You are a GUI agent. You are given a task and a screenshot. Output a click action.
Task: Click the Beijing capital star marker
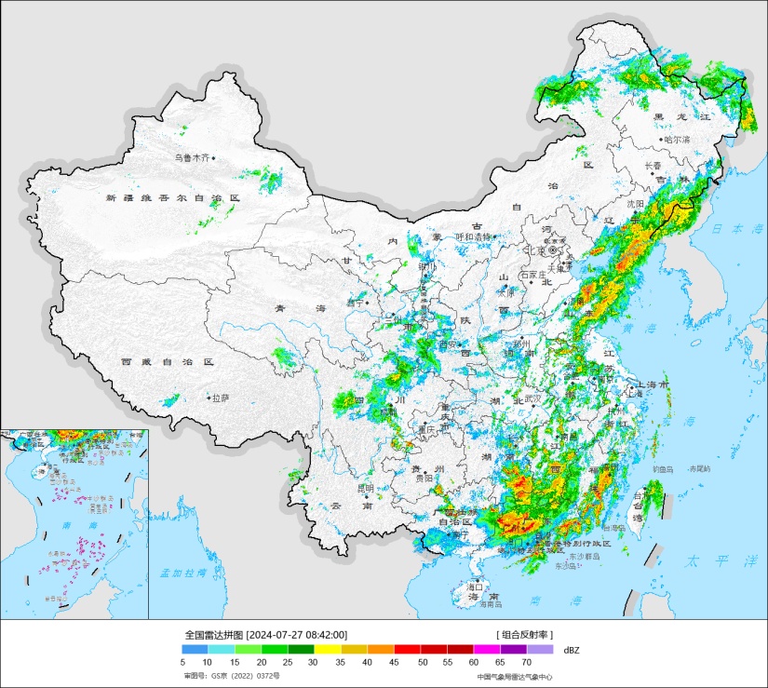pyautogui.click(x=553, y=250)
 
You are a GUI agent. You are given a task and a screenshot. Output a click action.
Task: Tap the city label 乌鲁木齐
pyautogui.click(x=193, y=158)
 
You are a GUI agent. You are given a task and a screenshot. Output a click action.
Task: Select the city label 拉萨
pyautogui.click(x=220, y=398)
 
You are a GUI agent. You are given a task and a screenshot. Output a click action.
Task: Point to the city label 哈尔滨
pyautogui.click(x=677, y=140)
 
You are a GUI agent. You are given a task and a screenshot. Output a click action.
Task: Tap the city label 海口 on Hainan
pyautogui.click(x=475, y=587)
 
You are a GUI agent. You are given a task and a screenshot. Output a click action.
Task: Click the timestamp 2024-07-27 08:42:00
pyautogui.click(x=290, y=634)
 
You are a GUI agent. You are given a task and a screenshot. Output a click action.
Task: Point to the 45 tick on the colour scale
pyautogui.click(x=396, y=662)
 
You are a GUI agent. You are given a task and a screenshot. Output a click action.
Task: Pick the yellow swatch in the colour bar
pyautogui.click(x=328, y=649)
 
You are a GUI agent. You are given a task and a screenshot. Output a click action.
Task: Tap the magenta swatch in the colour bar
pyautogui.click(x=487, y=649)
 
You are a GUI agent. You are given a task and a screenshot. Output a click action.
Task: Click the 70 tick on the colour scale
pyautogui.click(x=526, y=662)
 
